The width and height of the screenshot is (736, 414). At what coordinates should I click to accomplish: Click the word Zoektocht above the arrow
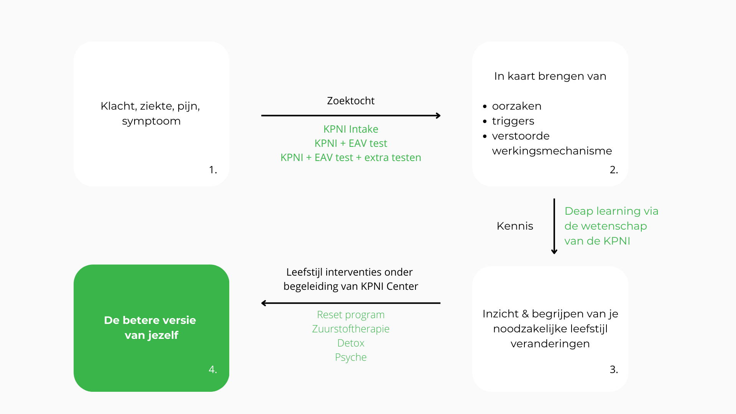(351, 101)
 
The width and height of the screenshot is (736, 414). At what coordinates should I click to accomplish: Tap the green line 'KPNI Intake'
(351, 129)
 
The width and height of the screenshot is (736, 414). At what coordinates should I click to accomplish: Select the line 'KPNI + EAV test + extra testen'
(351, 158)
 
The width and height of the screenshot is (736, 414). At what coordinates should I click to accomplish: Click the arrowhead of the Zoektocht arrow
(438, 115)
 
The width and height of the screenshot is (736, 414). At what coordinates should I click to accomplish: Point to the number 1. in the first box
(213, 169)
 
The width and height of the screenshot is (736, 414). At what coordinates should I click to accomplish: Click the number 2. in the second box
(614, 169)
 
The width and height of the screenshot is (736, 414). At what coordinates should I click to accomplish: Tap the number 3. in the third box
(614, 370)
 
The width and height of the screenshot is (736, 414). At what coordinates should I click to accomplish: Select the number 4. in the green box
(213, 370)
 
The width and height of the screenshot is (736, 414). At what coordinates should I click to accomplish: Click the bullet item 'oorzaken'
(517, 106)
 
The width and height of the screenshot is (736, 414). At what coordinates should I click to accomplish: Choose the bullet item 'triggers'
(513, 121)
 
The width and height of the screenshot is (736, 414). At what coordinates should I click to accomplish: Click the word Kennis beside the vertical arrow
(515, 226)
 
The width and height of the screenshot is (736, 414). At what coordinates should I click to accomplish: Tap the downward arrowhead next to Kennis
(554, 251)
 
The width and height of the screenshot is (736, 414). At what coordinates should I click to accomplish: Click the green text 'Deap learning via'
(611, 211)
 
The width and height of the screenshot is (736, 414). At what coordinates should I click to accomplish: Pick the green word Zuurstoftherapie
(351, 329)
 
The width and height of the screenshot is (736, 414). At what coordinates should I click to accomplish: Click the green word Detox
(351, 343)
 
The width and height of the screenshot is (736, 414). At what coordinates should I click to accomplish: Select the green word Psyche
(351, 357)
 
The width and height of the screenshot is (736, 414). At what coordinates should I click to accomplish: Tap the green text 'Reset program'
(351, 315)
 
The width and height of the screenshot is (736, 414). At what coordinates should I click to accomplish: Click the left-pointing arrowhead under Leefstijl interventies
(264, 303)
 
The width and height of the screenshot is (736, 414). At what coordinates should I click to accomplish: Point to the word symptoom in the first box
(151, 122)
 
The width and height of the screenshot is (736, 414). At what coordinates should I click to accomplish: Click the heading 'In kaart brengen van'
(550, 76)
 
